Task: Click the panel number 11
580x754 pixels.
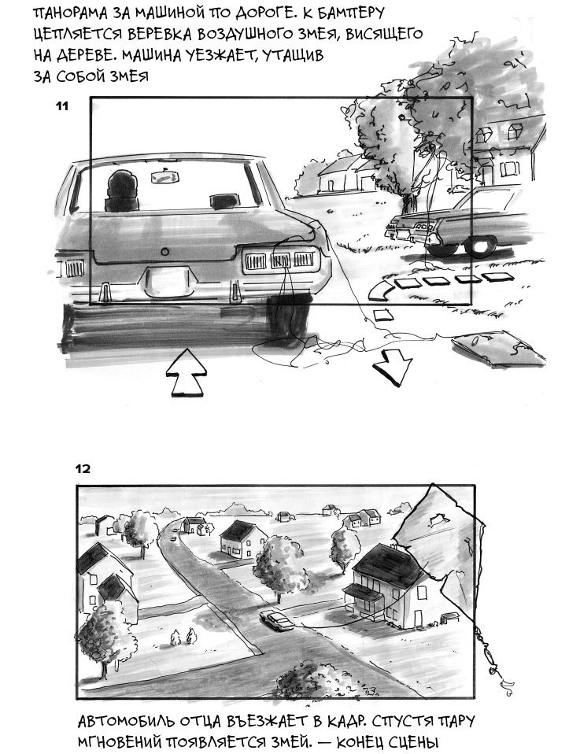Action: click(x=62, y=106)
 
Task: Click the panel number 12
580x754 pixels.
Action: click(x=83, y=468)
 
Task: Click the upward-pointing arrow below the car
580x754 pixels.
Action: click(x=186, y=373)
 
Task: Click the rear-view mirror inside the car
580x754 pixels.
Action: click(x=165, y=177)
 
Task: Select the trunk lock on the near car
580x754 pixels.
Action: click(x=165, y=252)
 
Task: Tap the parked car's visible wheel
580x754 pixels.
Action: click(x=483, y=245)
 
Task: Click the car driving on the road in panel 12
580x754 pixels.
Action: click(x=276, y=620)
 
